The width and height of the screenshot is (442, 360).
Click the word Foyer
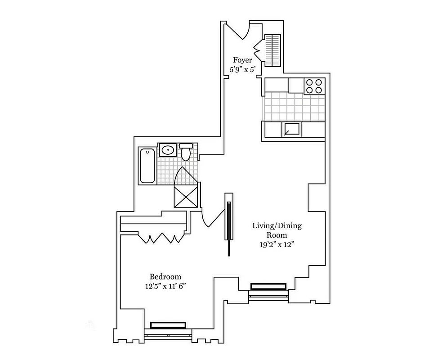click(x=242, y=60)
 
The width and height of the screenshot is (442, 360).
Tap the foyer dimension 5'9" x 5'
click(x=242, y=70)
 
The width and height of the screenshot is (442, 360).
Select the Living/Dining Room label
click(x=277, y=230)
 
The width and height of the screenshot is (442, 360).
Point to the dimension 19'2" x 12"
click(x=277, y=244)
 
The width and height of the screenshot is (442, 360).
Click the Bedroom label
click(x=165, y=277)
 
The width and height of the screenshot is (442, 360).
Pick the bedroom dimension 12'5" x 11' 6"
click(x=165, y=286)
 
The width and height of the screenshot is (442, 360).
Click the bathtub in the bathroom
click(x=147, y=165)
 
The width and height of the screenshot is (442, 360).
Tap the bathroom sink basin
click(x=168, y=150)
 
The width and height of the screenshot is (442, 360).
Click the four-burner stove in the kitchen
click(x=314, y=86)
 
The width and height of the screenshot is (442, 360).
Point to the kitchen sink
click(x=291, y=130)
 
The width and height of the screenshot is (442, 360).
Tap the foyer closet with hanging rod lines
click(x=272, y=50)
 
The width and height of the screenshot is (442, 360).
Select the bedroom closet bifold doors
click(x=160, y=238)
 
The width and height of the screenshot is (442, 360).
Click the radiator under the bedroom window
click(x=168, y=325)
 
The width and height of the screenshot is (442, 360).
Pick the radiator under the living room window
click(x=268, y=286)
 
